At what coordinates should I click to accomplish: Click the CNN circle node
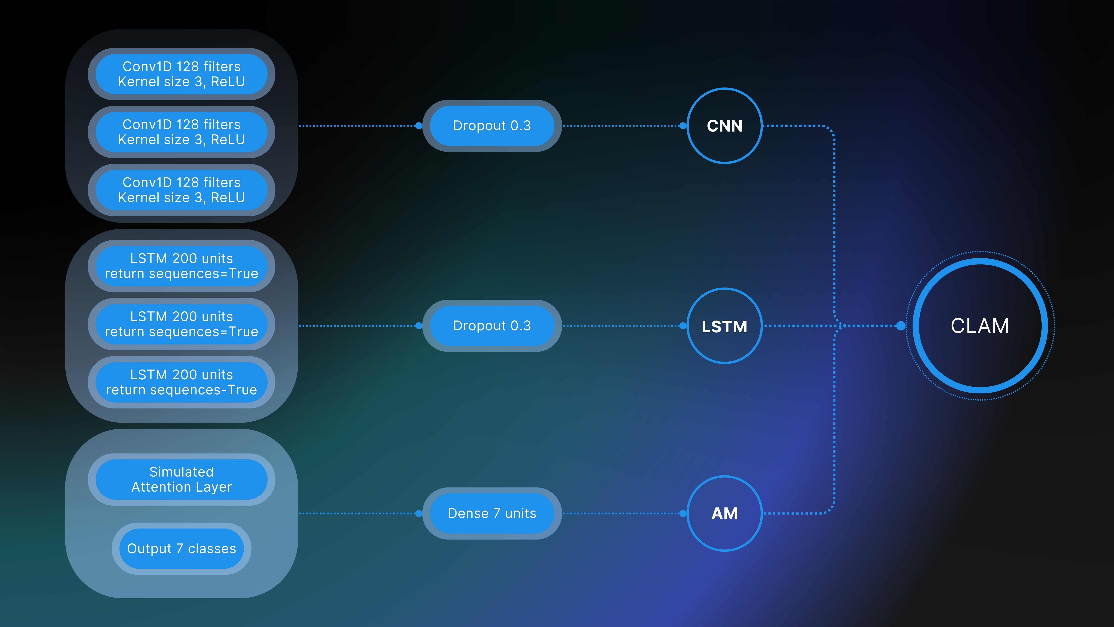click(x=724, y=126)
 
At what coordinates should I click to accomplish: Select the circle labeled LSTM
click(x=724, y=326)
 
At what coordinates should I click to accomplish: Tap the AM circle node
click(x=724, y=513)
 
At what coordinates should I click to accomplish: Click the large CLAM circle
click(x=980, y=326)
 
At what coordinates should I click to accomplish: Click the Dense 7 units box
click(x=492, y=513)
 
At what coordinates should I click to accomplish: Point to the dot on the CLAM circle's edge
click(x=901, y=326)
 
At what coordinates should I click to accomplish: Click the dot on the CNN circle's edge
click(x=683, y=126)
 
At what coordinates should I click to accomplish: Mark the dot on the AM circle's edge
click(x=683, y=514)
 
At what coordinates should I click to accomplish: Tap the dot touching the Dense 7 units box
click(x=418, y=514)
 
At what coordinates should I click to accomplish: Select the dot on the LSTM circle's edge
click(x=683, y=326)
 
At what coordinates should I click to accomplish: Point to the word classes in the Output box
click(x=212, y=549)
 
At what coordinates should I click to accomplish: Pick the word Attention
click(x=161, y=487)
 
